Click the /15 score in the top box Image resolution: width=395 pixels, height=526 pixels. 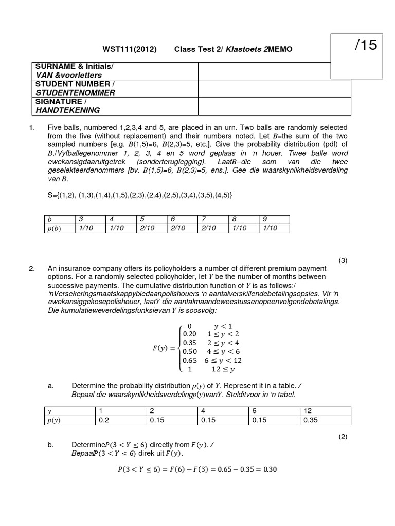tap(366, 46)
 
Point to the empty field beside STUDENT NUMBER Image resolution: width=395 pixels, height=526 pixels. tap(274, 88)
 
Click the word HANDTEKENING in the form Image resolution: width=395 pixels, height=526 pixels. tap(67, 110)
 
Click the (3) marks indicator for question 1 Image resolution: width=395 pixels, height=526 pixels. tap(344, 260)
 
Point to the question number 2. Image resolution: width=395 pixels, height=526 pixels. tap(32, 269)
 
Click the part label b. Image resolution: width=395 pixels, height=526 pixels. tap(51, 445)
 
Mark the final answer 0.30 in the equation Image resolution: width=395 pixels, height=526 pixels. tap(267, 469)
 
